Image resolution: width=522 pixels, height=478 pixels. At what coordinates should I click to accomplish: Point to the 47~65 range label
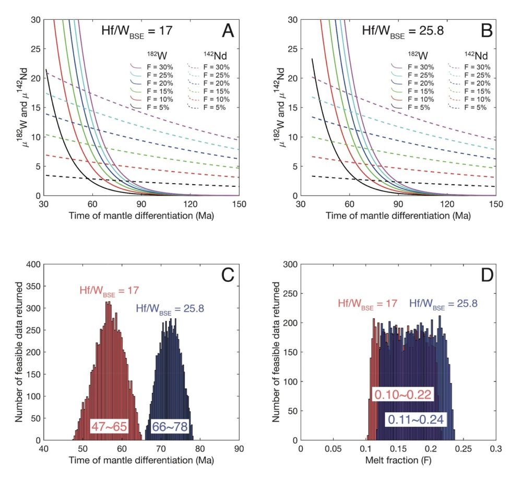click(109, 426)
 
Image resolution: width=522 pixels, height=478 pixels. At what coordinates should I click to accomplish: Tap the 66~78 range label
click(170, 426)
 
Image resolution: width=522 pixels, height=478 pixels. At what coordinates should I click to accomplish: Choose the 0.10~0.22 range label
click(402, 394)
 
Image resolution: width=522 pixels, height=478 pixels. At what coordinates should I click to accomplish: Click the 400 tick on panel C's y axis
click(32, 264)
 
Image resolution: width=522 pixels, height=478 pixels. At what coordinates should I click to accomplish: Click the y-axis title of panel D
click(277, 352)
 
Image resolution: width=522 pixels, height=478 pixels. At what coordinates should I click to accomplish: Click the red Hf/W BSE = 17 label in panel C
click(108, 291)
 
